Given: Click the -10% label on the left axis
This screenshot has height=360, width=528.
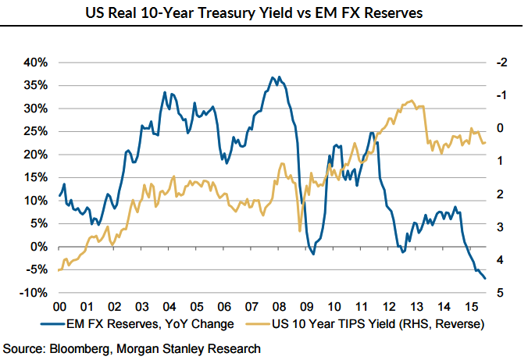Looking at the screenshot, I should point(35,293).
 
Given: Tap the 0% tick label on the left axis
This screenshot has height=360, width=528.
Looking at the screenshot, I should point(41,247).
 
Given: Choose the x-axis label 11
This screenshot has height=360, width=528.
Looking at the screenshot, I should point(361,307).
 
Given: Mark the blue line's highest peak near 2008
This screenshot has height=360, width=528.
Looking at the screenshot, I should point(272,77).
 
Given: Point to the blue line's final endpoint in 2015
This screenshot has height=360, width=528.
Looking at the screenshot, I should point(485,278).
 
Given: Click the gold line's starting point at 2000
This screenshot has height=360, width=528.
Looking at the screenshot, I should point(59,270).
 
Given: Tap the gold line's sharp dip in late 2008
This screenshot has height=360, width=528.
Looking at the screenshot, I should point(300,230).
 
